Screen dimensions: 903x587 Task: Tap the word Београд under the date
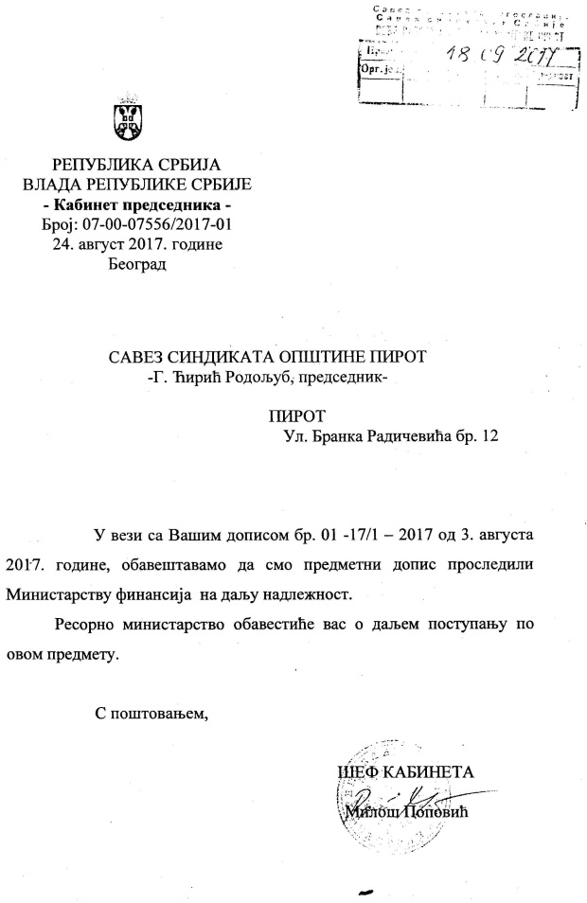[x=137, y=263]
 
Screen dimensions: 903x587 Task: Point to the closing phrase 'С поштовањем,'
[x=151, y=711]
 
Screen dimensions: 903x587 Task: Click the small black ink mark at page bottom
[x=361, y=891]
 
